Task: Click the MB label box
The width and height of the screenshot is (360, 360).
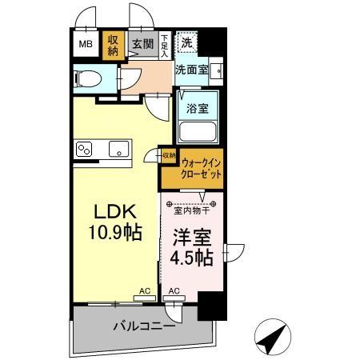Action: click(x=85, y=45)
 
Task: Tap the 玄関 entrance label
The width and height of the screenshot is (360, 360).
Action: click(x=144, y=45)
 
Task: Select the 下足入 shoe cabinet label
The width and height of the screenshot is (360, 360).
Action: click(x=164, y=43)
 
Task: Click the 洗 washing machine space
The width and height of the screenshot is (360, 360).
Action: click(x=186, y=41)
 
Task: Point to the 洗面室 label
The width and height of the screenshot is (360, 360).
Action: click(x=192, y=70)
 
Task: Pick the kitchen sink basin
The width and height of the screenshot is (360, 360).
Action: click(x=118, y=149)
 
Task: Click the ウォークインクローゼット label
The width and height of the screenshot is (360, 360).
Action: click(x=201, y=169)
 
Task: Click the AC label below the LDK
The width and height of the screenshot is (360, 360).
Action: click(x=145, y=291)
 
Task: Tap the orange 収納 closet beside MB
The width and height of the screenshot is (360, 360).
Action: click(x=113, y=45)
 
